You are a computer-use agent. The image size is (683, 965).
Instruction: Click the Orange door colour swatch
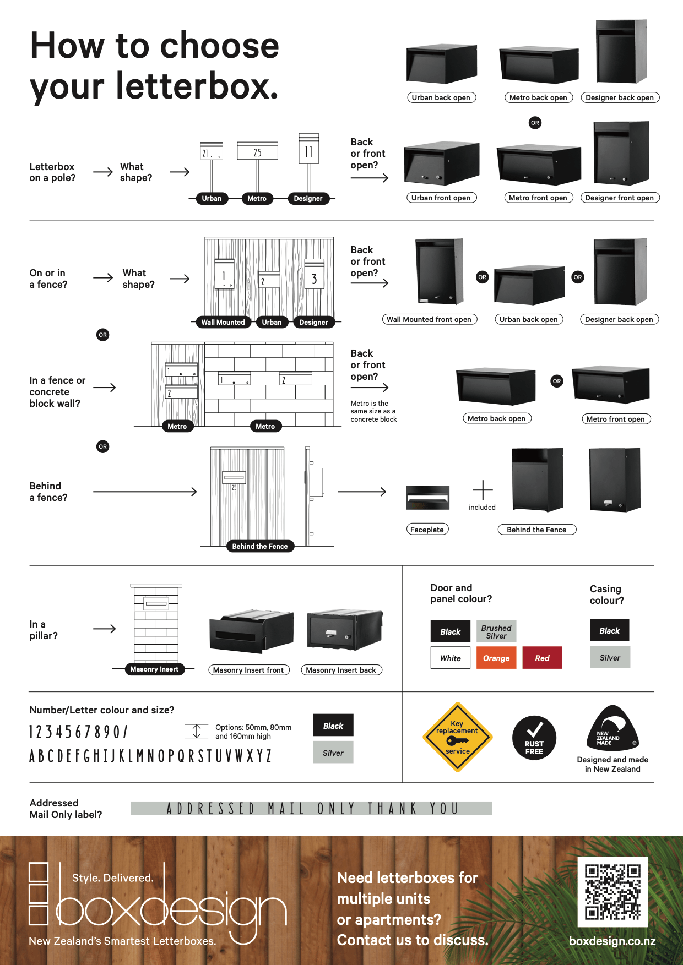496,658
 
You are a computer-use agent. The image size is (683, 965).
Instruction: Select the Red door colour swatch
542,658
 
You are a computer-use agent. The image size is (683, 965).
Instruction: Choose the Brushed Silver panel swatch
496,631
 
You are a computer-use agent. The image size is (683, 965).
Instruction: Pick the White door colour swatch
450,658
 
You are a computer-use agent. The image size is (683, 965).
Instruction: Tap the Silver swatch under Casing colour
610,657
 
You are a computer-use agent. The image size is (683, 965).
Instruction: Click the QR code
612,891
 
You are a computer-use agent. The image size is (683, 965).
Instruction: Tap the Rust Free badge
534,738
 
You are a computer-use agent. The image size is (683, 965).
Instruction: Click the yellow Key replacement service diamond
457,737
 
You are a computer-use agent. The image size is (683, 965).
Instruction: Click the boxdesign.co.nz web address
612,941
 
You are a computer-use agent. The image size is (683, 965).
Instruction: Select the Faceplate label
427,530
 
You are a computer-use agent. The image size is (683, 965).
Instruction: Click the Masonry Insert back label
341,670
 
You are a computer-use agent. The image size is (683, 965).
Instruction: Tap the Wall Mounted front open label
429,319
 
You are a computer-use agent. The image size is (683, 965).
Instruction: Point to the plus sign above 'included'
483,489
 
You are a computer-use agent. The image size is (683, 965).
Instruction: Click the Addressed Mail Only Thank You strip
311,808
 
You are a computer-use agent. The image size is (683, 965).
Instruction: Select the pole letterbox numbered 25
257,151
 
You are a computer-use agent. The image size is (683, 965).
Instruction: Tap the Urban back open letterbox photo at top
441,64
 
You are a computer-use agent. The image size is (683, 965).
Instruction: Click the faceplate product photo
427,498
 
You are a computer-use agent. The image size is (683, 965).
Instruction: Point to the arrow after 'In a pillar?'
105,629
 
